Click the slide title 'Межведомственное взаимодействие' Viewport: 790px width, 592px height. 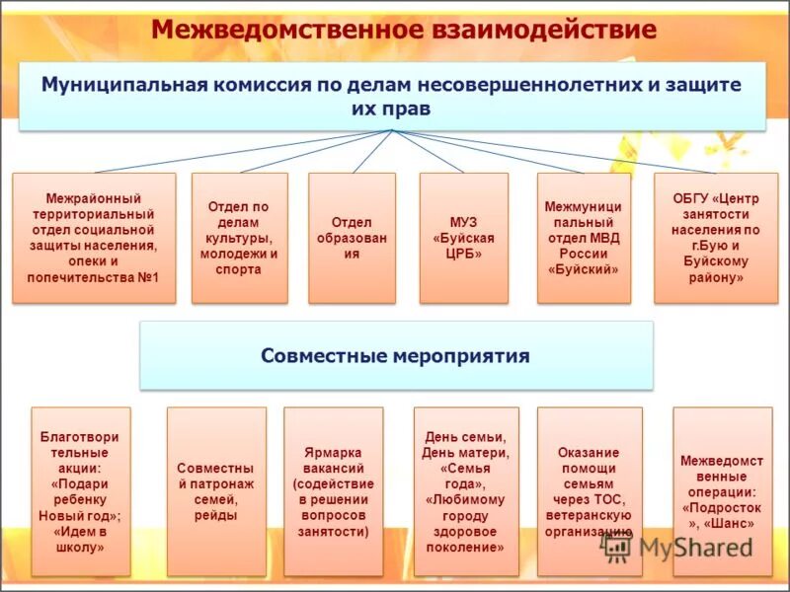tap(403, 29)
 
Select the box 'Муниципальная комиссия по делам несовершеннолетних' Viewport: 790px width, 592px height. tap(391, 96)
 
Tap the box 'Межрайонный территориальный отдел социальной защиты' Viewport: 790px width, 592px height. tap(95, 238)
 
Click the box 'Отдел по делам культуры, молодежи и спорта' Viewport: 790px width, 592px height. tap(240, 238)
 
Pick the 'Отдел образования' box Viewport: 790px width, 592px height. tap(352, 238)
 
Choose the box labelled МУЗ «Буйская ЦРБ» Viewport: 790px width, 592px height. tap(464, 238)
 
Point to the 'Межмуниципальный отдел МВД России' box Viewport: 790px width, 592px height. tap(583, 238)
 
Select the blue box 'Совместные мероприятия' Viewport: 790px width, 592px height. tap(396, 355)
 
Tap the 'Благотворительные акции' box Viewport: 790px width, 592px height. tap(81, 490)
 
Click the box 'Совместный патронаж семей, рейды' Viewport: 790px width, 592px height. tap(216, 490)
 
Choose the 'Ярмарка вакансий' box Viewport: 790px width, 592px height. tap(333, 490)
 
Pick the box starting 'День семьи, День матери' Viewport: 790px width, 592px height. tap(465, 490)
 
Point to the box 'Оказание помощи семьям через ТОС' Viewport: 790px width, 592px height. tap(589, 490)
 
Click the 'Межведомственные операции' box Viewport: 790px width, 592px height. tap(722, 490)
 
